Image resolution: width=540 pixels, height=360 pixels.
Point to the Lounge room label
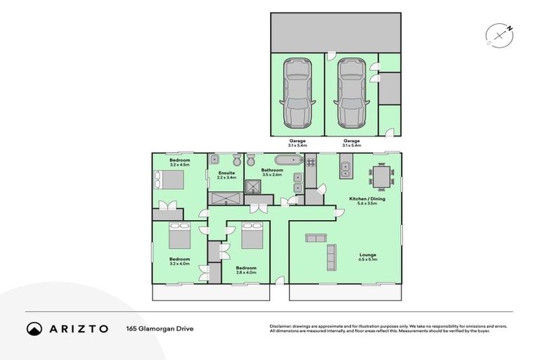[368, 255]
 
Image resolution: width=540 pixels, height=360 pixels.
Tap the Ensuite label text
[226, 173]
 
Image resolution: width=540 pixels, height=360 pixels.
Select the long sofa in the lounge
[331, 257]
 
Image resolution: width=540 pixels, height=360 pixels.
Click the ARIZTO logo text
[77, 328]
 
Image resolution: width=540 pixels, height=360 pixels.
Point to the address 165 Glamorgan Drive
[160, 328]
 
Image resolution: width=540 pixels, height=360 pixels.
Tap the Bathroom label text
[271, 170]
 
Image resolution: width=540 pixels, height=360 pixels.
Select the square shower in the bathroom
[253, 186]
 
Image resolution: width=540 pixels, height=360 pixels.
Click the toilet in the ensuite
[238, 160]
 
